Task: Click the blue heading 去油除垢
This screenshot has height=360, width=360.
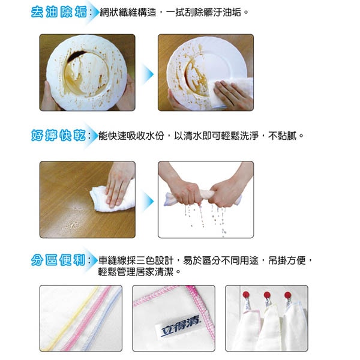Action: click(x=59, y=12)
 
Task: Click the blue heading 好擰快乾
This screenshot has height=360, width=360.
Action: click(x=59, y=135)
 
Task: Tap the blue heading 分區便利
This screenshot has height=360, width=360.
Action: click(x=58, y=260)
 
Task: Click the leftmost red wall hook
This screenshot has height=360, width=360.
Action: click(x=246, y=295)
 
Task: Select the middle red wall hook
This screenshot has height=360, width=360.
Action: click(x=267, y=295)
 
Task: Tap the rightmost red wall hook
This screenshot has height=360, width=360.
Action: click(x=287, y=295)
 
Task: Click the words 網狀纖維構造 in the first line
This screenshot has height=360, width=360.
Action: click(x=128, y=12)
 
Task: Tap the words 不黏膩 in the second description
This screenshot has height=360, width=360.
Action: click(x=283, y=136)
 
